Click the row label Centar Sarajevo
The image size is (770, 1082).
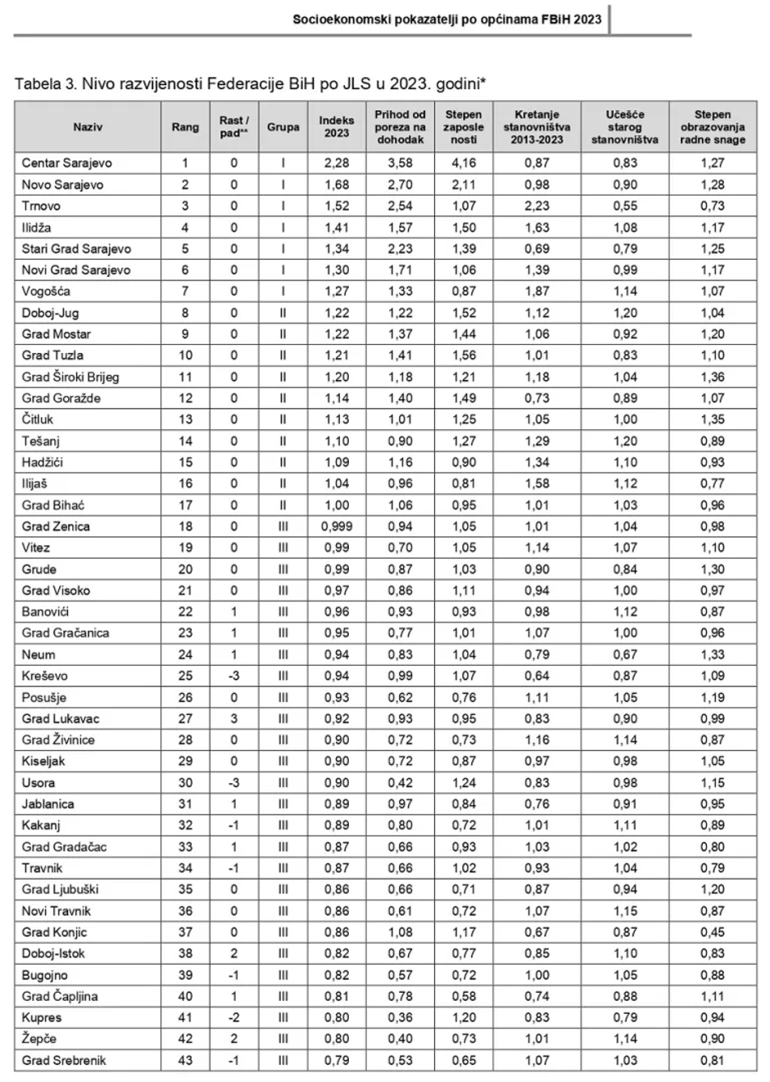pyautogui.click(x=66, y=163)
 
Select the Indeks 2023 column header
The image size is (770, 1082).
pyautogui.click(x=336, y=127)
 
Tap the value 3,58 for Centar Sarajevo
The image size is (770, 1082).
pyautogui.click(x=400, y=163)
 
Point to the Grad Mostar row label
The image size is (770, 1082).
pyautogui.click(x=57, y=334)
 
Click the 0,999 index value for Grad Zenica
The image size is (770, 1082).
pyautogui.click(x=336, y=527)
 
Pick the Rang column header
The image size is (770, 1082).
pyautogui.click(x=185, y=127)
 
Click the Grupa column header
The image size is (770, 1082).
pyautogui.click(x=283, y=127)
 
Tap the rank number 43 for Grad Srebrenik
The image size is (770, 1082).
pyautogui.click(x=185, y=1061)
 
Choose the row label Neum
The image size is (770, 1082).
pyautogui.click(x=38, y=654)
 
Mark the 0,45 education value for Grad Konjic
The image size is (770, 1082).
pyautogui.click(x=713, y=932)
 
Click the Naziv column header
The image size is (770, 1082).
pyautogui.click(x=88, y=127)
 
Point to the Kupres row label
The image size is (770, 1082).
pyautogui.click(x=42, y=1017)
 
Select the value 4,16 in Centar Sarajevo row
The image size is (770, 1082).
pyautogui.click(x=464, y=163)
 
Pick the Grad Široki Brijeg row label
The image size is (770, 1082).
pyautogui.click(x=70, y=377)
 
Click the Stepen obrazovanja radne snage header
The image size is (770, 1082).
pyautogui.click(x=713, y=127)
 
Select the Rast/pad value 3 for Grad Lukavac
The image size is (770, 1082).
pyautogui.click(x=233, y=718)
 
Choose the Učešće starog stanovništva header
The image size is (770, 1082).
pyautogui.click(x=625, y=127)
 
